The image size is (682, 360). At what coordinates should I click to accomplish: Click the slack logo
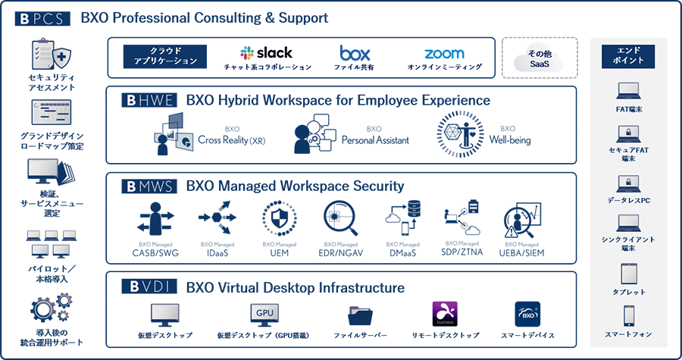(x=267, y=53)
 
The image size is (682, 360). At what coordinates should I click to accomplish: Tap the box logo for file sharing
(x=355, y=53)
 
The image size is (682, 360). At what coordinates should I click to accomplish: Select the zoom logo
(x=444, y=54)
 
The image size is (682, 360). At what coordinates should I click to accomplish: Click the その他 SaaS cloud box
(x=540, y=58)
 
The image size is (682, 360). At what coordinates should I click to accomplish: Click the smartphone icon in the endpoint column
(x=627, y=315)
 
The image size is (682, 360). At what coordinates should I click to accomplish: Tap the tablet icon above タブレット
(x=627, y=274)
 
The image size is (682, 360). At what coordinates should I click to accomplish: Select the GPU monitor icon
(x=264, y=315)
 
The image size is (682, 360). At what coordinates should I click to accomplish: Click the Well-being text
(x=510, y=140)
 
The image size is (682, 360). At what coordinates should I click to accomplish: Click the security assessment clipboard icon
(x=47, y=55)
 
